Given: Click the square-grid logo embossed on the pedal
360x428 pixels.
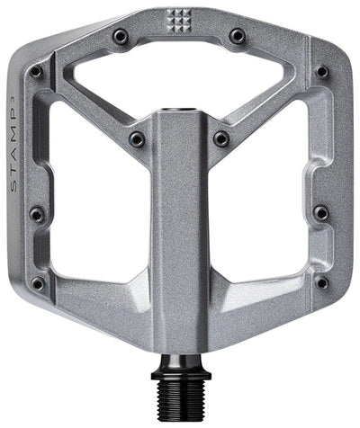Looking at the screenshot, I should pos(178,19).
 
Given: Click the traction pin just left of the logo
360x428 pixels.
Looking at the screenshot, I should pos(121,36).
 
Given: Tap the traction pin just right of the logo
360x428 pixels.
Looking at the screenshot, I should pos(238,36).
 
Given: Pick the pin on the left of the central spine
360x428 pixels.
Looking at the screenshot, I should pos(137,138).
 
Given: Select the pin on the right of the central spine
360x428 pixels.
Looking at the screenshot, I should pos(221,138).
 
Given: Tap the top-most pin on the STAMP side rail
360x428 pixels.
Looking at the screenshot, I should pos(36,71).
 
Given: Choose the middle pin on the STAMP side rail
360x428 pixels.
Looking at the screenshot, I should pos(37,214).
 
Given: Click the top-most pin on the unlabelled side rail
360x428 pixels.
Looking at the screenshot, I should pos(321,71).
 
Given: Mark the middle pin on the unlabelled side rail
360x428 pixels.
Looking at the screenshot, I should pos(321,213).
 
